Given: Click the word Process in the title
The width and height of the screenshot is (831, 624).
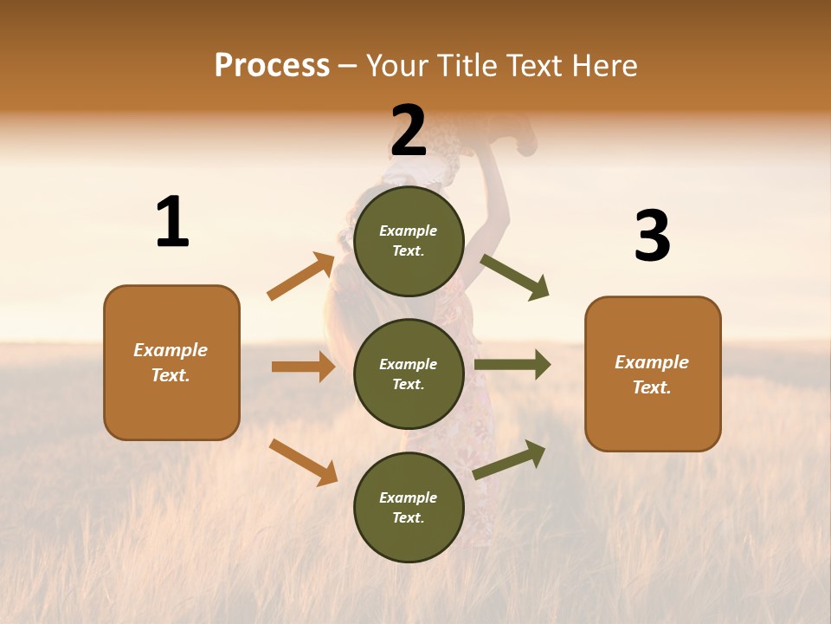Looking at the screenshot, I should [272, 66].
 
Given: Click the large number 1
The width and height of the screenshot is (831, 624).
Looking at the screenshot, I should [172, 223].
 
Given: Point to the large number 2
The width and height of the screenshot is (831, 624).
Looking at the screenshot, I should [409, 132].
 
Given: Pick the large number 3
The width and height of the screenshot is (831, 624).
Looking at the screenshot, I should [652, 237].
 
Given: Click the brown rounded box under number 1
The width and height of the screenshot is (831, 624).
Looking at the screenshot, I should [171, 362].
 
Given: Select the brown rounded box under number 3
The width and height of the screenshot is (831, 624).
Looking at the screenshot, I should [653, 374].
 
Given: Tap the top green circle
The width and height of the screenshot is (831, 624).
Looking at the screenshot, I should [409, 241].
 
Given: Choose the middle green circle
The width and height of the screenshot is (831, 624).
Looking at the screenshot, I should [409, 374].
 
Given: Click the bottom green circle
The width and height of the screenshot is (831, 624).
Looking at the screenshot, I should [409, 507].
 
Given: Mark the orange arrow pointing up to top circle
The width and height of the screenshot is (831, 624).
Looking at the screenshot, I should [301, 276].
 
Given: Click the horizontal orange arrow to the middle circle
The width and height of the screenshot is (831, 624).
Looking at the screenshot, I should [303, 367].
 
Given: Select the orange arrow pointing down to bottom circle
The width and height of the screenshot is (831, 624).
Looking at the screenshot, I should [303, 462].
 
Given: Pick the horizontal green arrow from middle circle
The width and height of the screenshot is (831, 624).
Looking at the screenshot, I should [512, 365].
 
